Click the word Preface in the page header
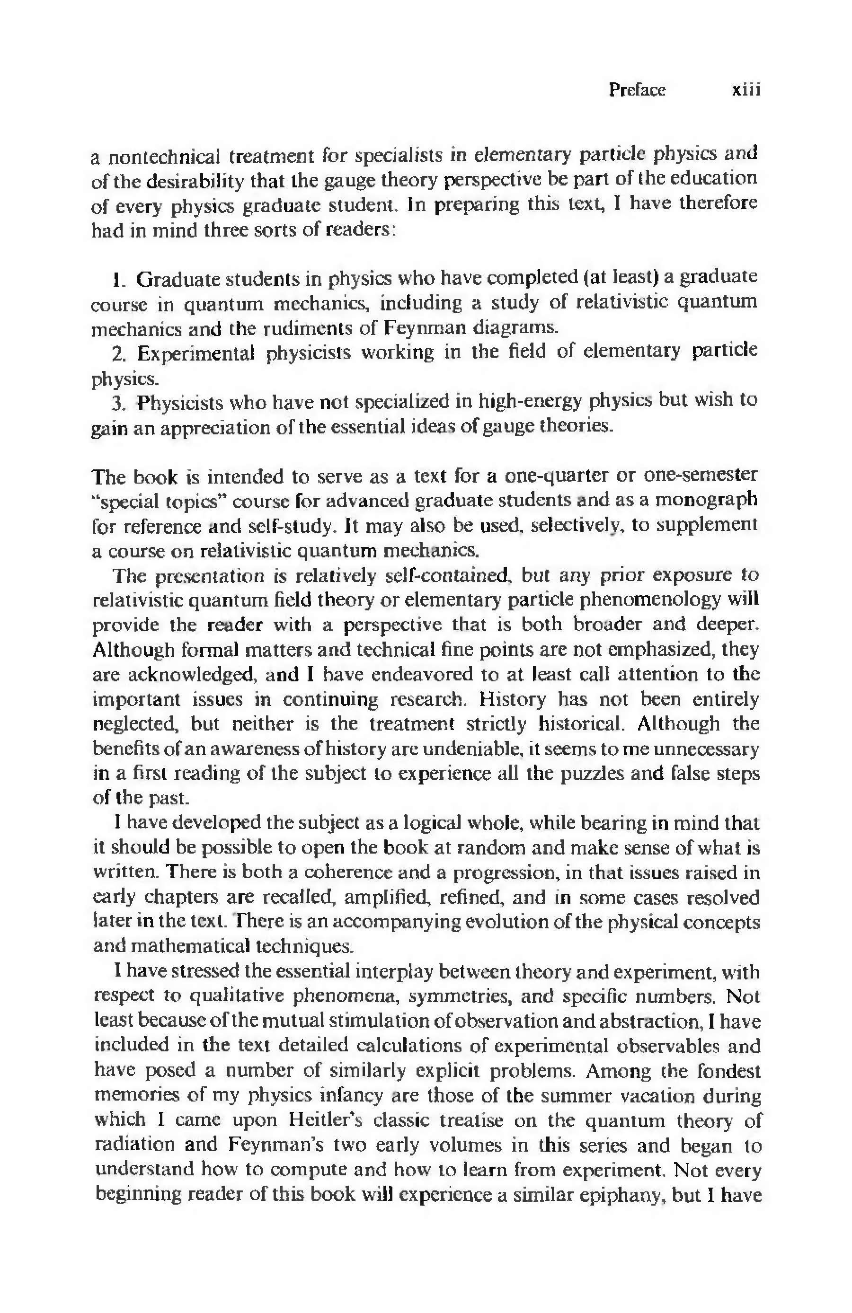pos(637,90)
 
